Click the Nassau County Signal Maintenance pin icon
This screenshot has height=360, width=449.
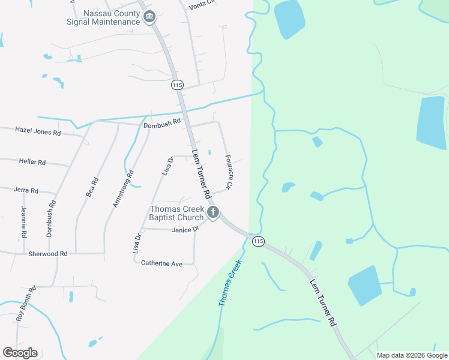point(150,17)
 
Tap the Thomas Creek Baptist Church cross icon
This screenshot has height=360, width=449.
point(212,212)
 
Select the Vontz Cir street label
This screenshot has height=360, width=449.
point(202,5)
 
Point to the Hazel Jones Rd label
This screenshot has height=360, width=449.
point(38,130)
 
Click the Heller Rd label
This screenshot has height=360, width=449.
point(32,162)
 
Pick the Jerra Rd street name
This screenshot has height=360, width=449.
point(26,190)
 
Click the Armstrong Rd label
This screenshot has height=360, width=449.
point(123,190)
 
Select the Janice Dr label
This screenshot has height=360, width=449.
point(185,230)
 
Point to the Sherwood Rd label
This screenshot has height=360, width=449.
point(48,254)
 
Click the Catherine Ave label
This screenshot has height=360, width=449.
point(161,263)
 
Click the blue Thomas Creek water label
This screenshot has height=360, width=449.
point(231,283)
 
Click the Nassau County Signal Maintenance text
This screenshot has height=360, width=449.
point(103,17)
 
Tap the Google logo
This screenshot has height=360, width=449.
point(20,352)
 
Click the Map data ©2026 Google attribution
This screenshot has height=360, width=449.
point(412,355)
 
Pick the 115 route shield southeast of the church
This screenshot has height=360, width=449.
point(258,241)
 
